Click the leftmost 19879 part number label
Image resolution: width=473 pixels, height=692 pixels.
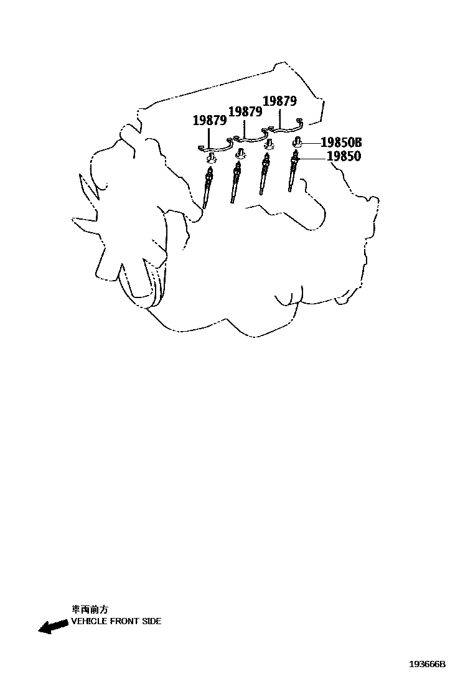pyautogui.click(x=209, y=121)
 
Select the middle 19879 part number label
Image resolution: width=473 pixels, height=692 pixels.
pyautogui.click(x=245, y=111)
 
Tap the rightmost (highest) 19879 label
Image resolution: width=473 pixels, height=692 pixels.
pyautogui.click(x=280, y=101)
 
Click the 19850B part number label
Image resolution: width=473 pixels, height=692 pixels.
pyautogui.click(x=340, y=143)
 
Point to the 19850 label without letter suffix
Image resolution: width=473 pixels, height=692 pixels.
pyautogui.click(x=344, y=157)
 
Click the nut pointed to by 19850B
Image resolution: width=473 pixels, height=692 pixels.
pyautogui.click(x=298, y=143)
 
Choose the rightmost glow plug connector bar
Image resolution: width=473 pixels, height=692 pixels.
pyautogui.click(x=283, y=128)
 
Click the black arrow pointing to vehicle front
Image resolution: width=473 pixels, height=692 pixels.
pyautogui.click(x=54, y=626)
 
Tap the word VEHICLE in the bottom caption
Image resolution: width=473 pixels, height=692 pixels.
pyautogui.click(x=88, y=621)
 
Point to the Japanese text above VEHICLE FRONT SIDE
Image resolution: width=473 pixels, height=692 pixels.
pyautogui.click(x=90, y=610)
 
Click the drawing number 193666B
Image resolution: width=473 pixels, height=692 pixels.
pyautogui.click(x=427, y=664)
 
